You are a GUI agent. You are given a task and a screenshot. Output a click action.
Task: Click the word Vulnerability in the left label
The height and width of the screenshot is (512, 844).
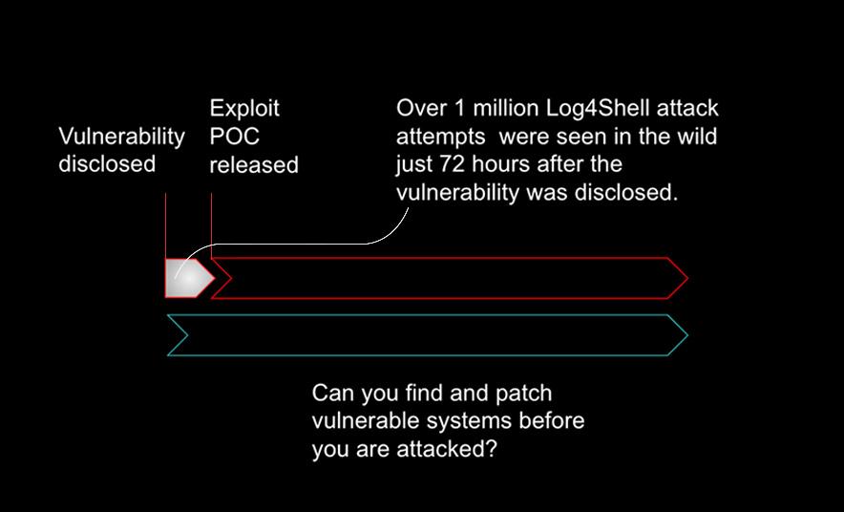point(121,137)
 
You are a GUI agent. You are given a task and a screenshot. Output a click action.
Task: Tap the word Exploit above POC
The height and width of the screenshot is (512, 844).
point(244,108)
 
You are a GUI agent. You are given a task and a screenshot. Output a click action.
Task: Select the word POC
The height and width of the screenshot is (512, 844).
point(232,137)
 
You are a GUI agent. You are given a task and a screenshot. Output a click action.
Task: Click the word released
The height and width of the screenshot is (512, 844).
point(254,165)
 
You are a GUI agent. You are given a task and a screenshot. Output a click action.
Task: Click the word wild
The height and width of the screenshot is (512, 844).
point(694,137)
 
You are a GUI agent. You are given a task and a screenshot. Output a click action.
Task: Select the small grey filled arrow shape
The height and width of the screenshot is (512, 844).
point(186,277)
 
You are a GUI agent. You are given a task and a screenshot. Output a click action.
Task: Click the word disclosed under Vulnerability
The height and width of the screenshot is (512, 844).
point(107,164)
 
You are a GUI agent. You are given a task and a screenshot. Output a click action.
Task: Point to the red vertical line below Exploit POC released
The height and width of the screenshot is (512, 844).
point(210,220)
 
